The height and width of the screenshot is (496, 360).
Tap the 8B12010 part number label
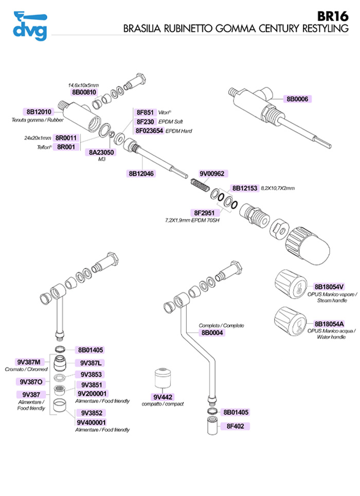tap(40, 112)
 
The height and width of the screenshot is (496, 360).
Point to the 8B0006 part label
tap(298, 99)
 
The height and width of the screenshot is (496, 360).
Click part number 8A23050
tap(102, 153)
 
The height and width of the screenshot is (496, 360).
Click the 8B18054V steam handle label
tap(329, 286)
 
